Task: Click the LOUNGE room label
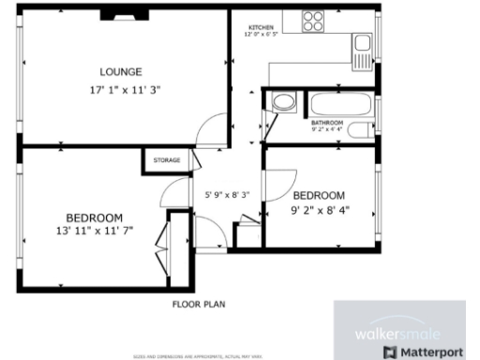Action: coord(121,71)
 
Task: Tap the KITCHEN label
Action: coord(262,27)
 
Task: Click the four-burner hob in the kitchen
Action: coord(313,20)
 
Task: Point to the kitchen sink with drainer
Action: coord(362,49)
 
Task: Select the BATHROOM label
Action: coord(327,123)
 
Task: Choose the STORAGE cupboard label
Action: coord(167,160)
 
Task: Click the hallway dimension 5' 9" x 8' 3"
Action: coord(227,195)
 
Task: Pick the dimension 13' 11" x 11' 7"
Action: coord(95,229)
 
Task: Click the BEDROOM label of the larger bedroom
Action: coord(94,217)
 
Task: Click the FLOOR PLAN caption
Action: coord(198,304)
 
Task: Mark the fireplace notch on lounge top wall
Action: coord(118,14)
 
